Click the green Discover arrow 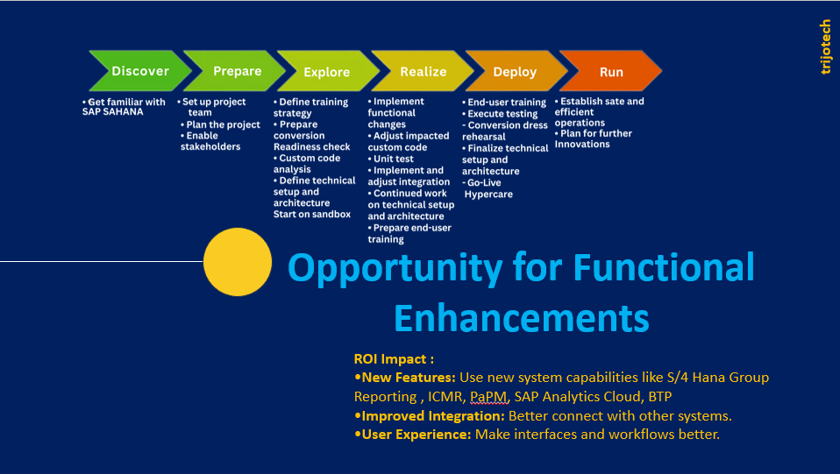click(x=140, y=71)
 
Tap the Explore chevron click(x=328, y=71)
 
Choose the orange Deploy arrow click(x=516, y=71)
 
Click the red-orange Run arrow click(x=611, y=71)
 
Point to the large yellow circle click(x=238, y=262)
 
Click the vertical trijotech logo click(x=826, y=46)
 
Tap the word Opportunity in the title click(x=395, y=268)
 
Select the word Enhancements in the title click(x=521, y=318)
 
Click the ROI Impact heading click(x=394, y=359)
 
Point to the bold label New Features click(x=405, y=378)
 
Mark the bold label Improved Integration click(x=430, y=416)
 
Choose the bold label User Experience click(x=413, y=435)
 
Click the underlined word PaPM click(x=488, y=397)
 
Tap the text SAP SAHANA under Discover click(x=112, y=112)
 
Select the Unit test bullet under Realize click(x=390, y=159)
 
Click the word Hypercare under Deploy click(x=488, y=195)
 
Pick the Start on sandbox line click(x=312, y=215)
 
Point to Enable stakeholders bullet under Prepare click(x=210, y=141)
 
